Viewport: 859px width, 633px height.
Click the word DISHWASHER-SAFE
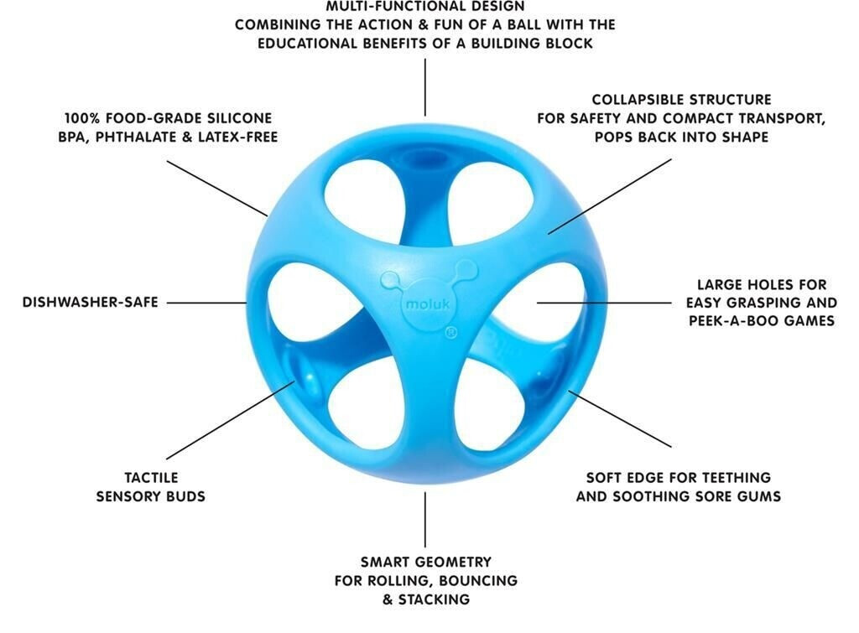[x=90, y=303]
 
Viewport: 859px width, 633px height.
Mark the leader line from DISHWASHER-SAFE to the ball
[x=206, y=303]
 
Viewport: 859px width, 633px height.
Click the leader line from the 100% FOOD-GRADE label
[x=216, y=187]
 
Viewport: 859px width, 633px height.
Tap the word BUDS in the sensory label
[x=184, y=496]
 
